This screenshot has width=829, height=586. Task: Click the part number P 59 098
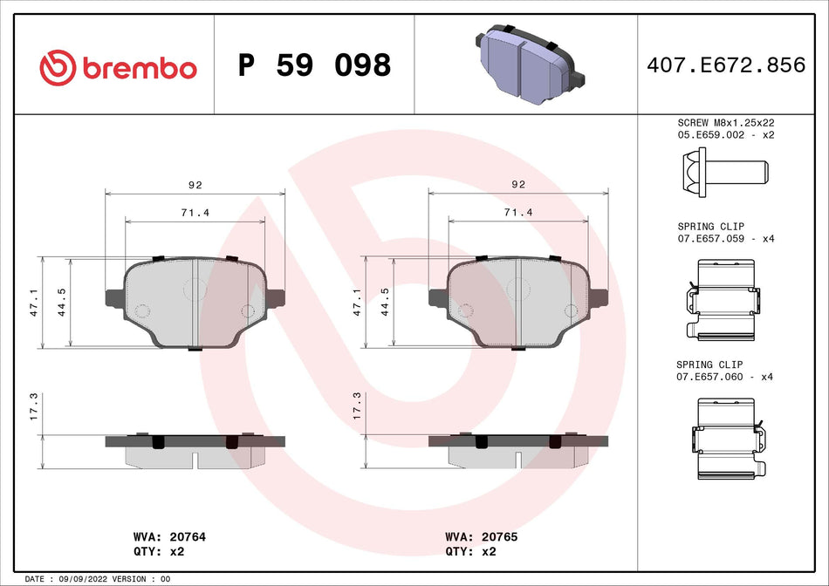315,65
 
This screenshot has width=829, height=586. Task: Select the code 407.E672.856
725,65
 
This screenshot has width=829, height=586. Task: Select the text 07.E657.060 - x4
725,377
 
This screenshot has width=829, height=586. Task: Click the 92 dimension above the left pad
195,185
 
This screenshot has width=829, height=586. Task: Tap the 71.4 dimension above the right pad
517,212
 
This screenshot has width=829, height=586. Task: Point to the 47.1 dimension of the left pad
34,303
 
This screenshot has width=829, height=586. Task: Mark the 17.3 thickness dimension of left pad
34,405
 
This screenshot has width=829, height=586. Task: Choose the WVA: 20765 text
481,537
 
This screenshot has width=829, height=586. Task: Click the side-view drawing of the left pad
195,449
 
